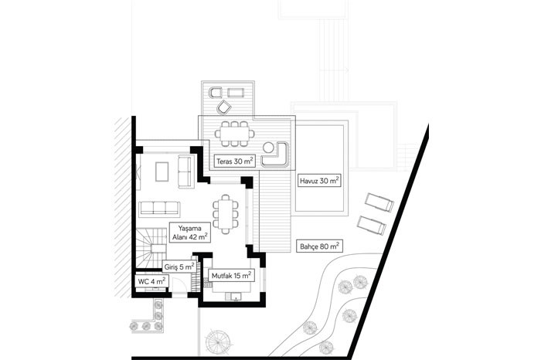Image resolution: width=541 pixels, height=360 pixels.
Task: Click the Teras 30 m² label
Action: (235, 161)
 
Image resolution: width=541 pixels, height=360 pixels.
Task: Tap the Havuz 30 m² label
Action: (319, 181)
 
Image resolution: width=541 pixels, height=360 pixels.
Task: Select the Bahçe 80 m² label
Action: (319, 246)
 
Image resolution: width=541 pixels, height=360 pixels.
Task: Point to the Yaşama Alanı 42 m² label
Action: (190, 233)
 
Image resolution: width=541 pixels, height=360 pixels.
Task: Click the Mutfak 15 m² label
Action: (231, 276)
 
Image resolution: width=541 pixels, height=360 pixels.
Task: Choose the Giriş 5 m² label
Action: (179, 267)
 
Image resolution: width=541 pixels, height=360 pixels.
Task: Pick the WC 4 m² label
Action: (151, 281)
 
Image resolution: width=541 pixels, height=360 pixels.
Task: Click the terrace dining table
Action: (235, 133)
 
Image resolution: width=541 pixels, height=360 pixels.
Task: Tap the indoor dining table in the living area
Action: (226, 214)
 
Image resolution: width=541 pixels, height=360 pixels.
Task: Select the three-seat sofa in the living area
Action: (159, 209)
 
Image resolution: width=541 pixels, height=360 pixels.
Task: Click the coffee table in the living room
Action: (162, 172)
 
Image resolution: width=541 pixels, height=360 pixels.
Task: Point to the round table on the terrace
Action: (268, 148)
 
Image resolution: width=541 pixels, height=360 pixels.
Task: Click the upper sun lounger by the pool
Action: (379, 202)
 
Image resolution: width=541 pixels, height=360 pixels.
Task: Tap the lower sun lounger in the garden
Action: (371, 226)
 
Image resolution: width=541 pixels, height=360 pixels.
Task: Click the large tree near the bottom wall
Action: (217, 341)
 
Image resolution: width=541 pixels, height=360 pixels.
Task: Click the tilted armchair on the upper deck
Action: (223, 107)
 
